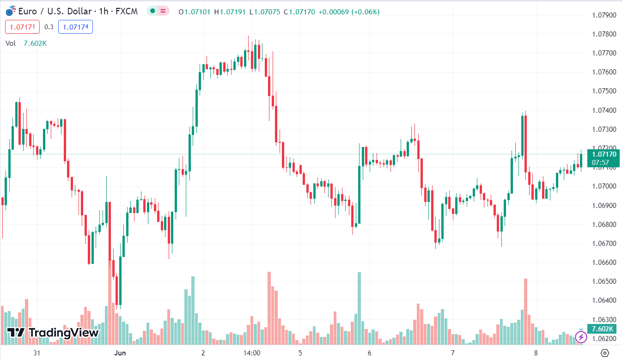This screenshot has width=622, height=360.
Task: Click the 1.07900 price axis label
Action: [604, 15]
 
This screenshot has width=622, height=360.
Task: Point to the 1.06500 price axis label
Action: [604, 281]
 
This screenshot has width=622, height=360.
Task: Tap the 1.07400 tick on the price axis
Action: [604, 110]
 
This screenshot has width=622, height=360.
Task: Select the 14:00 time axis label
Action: [252, 353]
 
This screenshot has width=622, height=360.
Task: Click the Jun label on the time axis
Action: [119, 353]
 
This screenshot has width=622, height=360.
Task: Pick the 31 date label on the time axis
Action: [37, 353]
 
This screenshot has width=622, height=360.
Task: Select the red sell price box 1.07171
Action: [23, 27]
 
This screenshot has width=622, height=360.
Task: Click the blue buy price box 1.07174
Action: [75, 27]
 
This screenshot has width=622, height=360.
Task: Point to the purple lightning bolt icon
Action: [581, 337]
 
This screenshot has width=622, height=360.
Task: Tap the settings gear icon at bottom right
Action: [604, 353]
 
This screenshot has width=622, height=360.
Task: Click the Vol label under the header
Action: [11, 43]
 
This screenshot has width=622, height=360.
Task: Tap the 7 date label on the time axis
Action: [453, 353]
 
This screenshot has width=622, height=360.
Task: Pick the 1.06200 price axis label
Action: [604, 339]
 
